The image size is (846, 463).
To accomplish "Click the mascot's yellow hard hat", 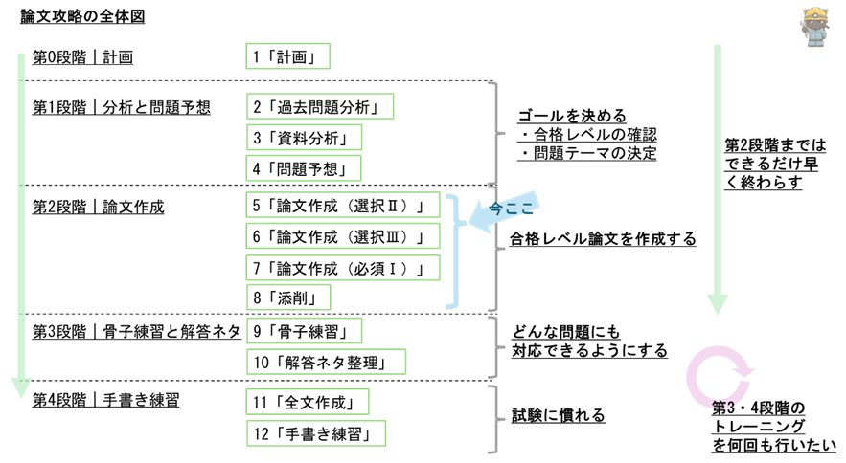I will point(815,15).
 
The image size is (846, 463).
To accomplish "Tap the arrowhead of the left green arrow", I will point(21,387).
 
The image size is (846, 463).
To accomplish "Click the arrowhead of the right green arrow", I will point(718,304).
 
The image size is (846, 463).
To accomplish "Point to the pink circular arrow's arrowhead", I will point(744,370).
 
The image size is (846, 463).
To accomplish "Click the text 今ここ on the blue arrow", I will point(511,208).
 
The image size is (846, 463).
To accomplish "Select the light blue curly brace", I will point(452,252).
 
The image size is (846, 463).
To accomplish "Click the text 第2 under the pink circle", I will point(723,406).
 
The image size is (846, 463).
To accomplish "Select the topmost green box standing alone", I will point(288,56).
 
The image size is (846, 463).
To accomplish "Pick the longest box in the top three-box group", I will point(320,106).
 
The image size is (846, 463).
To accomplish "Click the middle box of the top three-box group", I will point(305,137).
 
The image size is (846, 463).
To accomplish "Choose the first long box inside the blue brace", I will point(343,205).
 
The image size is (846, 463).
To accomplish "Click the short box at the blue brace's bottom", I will point(289,298).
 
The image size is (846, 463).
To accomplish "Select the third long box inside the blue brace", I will point(343,267).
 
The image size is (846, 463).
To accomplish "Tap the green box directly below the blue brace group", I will point(305,330).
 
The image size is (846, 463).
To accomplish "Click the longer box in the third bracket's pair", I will point(327,362).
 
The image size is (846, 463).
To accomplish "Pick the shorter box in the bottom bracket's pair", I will point(308,402).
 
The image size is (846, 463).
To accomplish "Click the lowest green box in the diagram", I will point(316,433).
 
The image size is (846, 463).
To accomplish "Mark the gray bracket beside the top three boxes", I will point(494,132).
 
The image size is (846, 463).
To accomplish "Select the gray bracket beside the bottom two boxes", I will point(494,419).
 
